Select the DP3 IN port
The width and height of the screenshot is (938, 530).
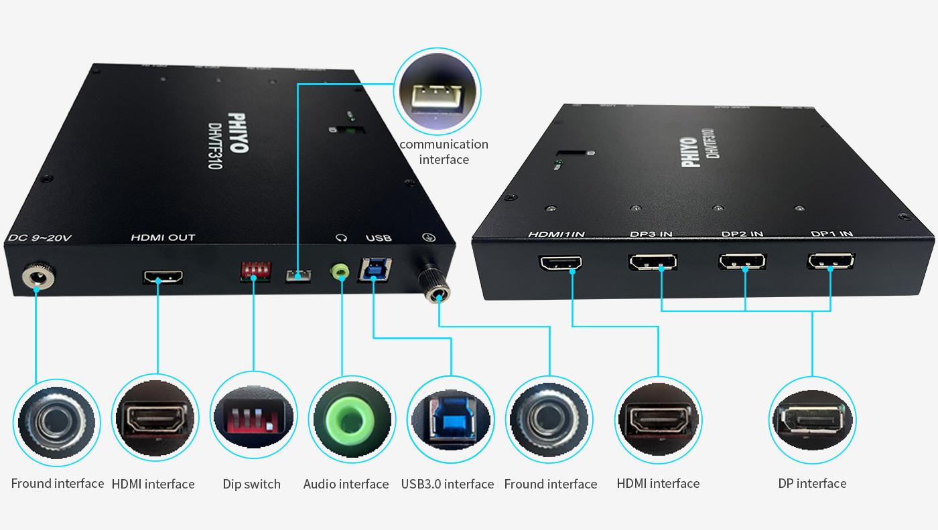(653, 262)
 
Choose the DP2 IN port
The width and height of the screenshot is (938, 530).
(742, 261)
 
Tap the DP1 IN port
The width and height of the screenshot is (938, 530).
(831, 261)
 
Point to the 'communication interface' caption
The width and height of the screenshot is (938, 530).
(444, 152)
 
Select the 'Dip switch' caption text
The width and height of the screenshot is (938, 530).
(252, 484)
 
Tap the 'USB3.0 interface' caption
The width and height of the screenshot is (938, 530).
(448, 484)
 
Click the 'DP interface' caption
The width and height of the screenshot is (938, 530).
(812, 483)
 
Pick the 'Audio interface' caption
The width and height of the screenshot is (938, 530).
(346, 484)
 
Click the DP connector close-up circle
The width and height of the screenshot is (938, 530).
(813, 421)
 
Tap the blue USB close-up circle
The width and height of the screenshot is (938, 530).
(450, 420)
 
